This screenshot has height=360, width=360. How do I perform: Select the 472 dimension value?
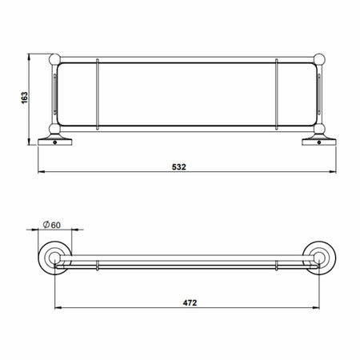[x=188, y=303]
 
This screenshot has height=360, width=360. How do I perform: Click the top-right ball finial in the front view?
[x=322, y=58]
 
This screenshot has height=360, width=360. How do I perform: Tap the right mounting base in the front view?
[x=321, y=142]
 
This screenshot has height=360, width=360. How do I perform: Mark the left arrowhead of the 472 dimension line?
[x=56, y=310]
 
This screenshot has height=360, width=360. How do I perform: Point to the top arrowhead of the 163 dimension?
[x=31, y=58]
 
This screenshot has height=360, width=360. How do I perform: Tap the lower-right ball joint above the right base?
[x=322, y=128]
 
